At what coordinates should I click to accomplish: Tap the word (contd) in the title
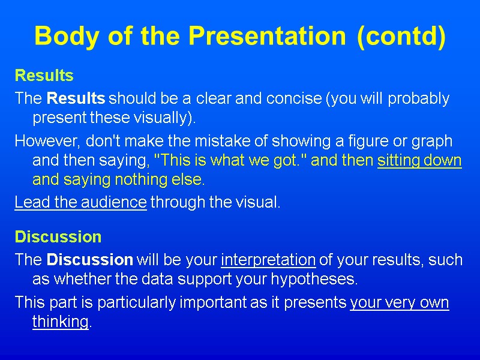(x=401, y=37)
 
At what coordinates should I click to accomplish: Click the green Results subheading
(x=44, y=76)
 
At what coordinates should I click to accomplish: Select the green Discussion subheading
(x=58, y=237)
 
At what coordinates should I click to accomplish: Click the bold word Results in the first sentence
(x=76, y=98)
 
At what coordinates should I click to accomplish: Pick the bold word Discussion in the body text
(x=89, y=260)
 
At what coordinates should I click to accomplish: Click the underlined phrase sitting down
(x=419, y=161)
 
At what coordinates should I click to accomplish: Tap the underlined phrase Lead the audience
(x=80, y=202)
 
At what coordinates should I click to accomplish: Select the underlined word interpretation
(x=268, y=260)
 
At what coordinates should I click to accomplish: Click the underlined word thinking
(x=60, y=322)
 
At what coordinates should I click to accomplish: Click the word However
(x=39, y=142)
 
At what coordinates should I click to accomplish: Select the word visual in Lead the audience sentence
(x=259, y=202)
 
